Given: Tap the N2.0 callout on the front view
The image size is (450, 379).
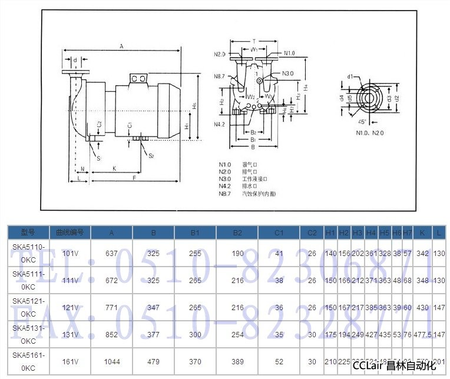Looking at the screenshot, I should [x=220, y=54].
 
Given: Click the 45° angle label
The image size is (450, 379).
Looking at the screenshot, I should [x=362, y=121].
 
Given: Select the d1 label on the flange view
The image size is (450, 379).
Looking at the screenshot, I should [x=350, y=77].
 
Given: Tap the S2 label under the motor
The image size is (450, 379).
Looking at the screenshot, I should [x=151, y=155].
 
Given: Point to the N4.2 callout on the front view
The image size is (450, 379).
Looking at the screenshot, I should [x=220, y=124].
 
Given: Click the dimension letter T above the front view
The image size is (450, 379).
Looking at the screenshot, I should [x=254, y=42].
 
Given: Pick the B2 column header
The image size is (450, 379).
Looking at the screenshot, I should [x=237, y=232].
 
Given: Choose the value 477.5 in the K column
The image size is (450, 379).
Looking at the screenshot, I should [x=421, y=335].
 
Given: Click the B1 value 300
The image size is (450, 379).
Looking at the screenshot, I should [x=195, y=335].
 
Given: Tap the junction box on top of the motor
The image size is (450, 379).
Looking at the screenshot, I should [x=138, y=78].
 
